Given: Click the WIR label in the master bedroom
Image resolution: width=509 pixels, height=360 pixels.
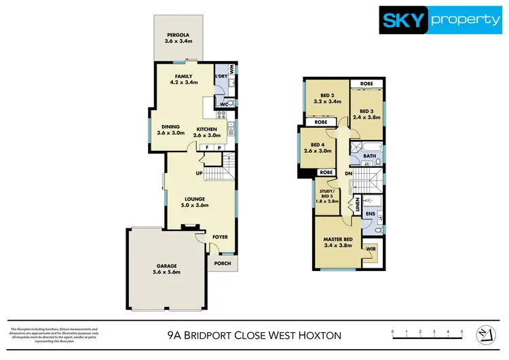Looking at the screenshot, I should tap(371, 250).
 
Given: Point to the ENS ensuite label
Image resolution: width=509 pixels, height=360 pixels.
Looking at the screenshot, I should tap(371, 214).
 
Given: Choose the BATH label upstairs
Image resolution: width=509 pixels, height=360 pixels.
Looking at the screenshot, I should tap(369, 156).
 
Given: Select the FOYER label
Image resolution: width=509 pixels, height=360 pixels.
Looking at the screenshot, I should tap(220, 237).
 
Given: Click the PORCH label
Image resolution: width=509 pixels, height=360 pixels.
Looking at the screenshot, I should tap(221, 264).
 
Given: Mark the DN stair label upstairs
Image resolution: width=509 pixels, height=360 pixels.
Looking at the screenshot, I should tap(348, 174).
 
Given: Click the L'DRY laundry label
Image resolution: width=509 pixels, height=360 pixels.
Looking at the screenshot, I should tap(221, 76).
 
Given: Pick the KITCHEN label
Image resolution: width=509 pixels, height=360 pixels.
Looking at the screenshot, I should tap(207, 129).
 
